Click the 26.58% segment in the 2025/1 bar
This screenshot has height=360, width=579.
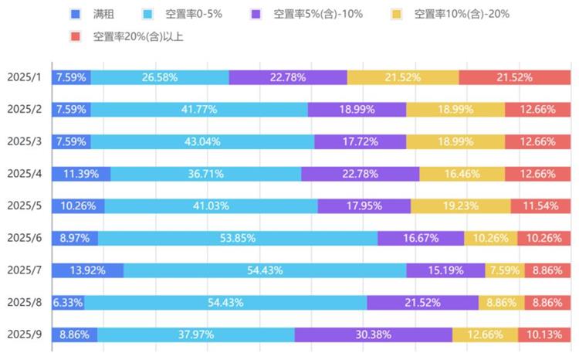coord(160,77)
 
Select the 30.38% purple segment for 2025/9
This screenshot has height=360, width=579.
coord(373,335)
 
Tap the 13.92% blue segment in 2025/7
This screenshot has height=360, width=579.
coord(87,270)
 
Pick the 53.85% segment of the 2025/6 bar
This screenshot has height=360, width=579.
coord(238,238)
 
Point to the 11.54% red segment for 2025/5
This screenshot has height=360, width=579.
coord(540,206)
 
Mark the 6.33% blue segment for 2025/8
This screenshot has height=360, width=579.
coord(68,302)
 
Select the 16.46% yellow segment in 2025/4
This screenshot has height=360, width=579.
coord(462,174)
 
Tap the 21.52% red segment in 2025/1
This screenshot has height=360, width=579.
coord(514,77)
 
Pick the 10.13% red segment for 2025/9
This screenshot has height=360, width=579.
coord(544,335)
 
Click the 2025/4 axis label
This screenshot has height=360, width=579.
coord(25,174)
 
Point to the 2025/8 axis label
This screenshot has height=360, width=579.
coord(25,302)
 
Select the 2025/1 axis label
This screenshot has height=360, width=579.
coord(25,77)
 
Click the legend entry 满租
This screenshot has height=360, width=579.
coord(103,14)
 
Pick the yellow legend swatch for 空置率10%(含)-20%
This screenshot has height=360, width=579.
coord(396,14)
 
